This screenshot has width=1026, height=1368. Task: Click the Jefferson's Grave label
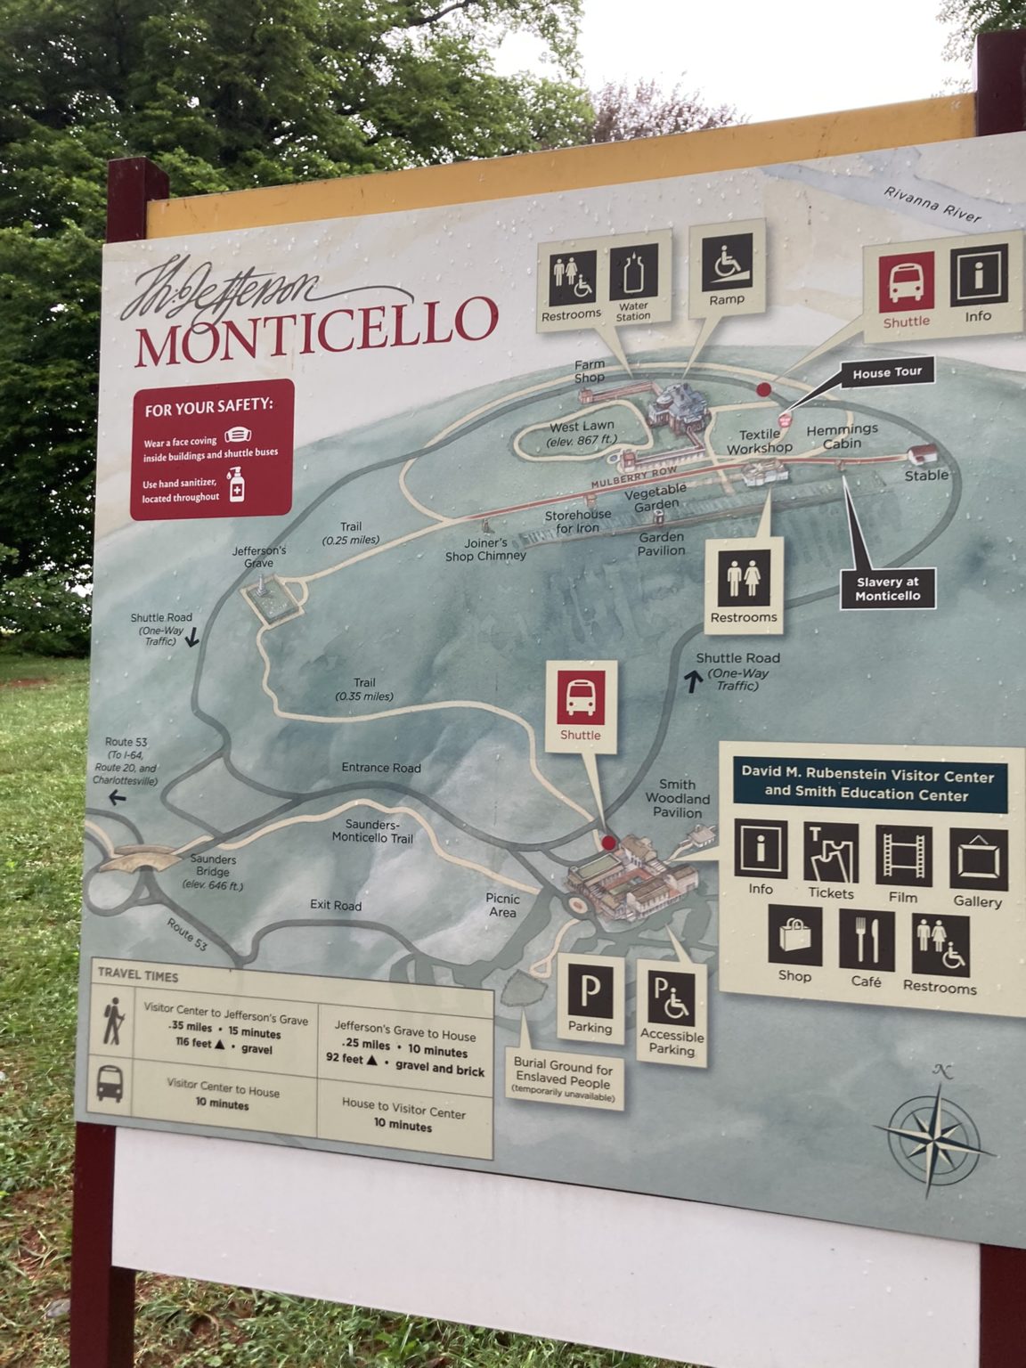click(259, 557)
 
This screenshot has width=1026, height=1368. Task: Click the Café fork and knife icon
click(866, 940)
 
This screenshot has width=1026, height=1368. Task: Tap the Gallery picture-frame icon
click(978, 859)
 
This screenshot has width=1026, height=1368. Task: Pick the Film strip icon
click(903, 856)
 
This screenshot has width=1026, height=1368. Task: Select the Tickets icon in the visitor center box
click(831, 852)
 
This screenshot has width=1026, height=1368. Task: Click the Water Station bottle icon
click(633, 273)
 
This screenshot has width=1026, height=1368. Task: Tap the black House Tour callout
click(886, 373)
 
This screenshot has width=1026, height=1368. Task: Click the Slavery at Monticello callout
click(888, 589)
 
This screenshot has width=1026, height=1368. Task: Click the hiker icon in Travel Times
click(113, 1020)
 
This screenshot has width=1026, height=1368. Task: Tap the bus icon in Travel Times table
click(110, 1084)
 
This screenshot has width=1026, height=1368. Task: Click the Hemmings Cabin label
click(842, 436)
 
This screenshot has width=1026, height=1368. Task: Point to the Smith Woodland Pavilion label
click(677, 798)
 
